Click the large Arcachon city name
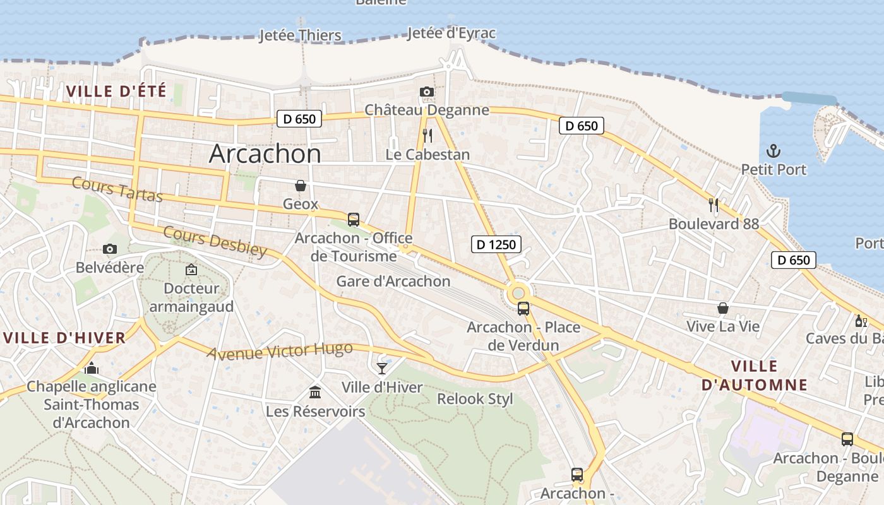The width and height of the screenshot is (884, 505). tap(265, 153)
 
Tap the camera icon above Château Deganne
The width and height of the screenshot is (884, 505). tap(427, 92)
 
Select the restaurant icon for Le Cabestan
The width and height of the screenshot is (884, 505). tap(427, 135)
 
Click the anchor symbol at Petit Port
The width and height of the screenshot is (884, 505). tap(773, 151)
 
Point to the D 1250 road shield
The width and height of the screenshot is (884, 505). tap(496, 244)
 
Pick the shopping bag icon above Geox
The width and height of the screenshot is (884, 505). tap(301, 186)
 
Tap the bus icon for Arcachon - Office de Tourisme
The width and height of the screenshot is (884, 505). tap(354, 220)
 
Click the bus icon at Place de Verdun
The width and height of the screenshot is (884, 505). tap(523, 309)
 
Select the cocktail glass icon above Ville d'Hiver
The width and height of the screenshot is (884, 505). tap(381, 368)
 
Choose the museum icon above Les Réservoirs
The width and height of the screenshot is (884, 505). tap(315, 393)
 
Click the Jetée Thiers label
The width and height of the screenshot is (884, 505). tap(301, 35)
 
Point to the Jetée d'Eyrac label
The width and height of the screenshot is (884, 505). tap(451, 33)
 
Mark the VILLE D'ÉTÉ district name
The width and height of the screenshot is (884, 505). tap(116, 92)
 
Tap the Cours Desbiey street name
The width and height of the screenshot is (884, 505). tap(215, 241)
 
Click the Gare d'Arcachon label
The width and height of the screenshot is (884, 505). tap(393, 282)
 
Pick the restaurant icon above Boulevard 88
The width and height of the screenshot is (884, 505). tap(714, 205)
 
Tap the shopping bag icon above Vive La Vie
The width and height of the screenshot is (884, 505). tap(723, 308)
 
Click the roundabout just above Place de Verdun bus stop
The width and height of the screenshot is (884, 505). tap(518, 292)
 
